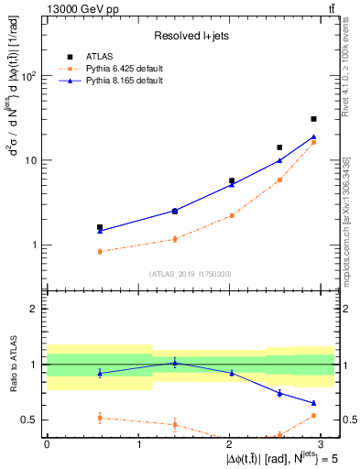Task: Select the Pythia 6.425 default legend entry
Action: (x=125, y=68)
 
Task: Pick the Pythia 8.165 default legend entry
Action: (x=125, y=81)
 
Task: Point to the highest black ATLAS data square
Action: (x=313, y=119)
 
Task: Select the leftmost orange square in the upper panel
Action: (x=100, y=251)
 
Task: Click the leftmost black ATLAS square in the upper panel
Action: (x=100, y=227)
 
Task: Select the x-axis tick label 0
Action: (x=47, y=444)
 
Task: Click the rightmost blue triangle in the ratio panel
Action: (x=313, y=403)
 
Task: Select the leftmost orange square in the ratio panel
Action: (x=100, y=418)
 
